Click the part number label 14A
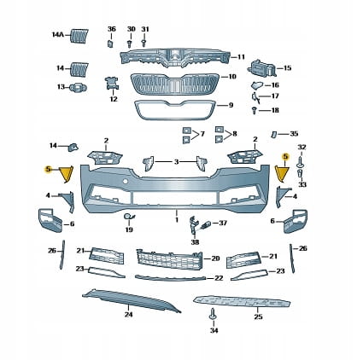[x=58, y=35]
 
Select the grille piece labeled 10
[x=175, y=84]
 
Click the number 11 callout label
[x=241, y=57]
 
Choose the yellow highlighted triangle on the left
[x=67, y=174]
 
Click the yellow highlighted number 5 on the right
[x=285, y=156]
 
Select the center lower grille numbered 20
[x=170, y=259]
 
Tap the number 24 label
[x=129, y=314]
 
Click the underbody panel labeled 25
[x=242, y=302]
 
